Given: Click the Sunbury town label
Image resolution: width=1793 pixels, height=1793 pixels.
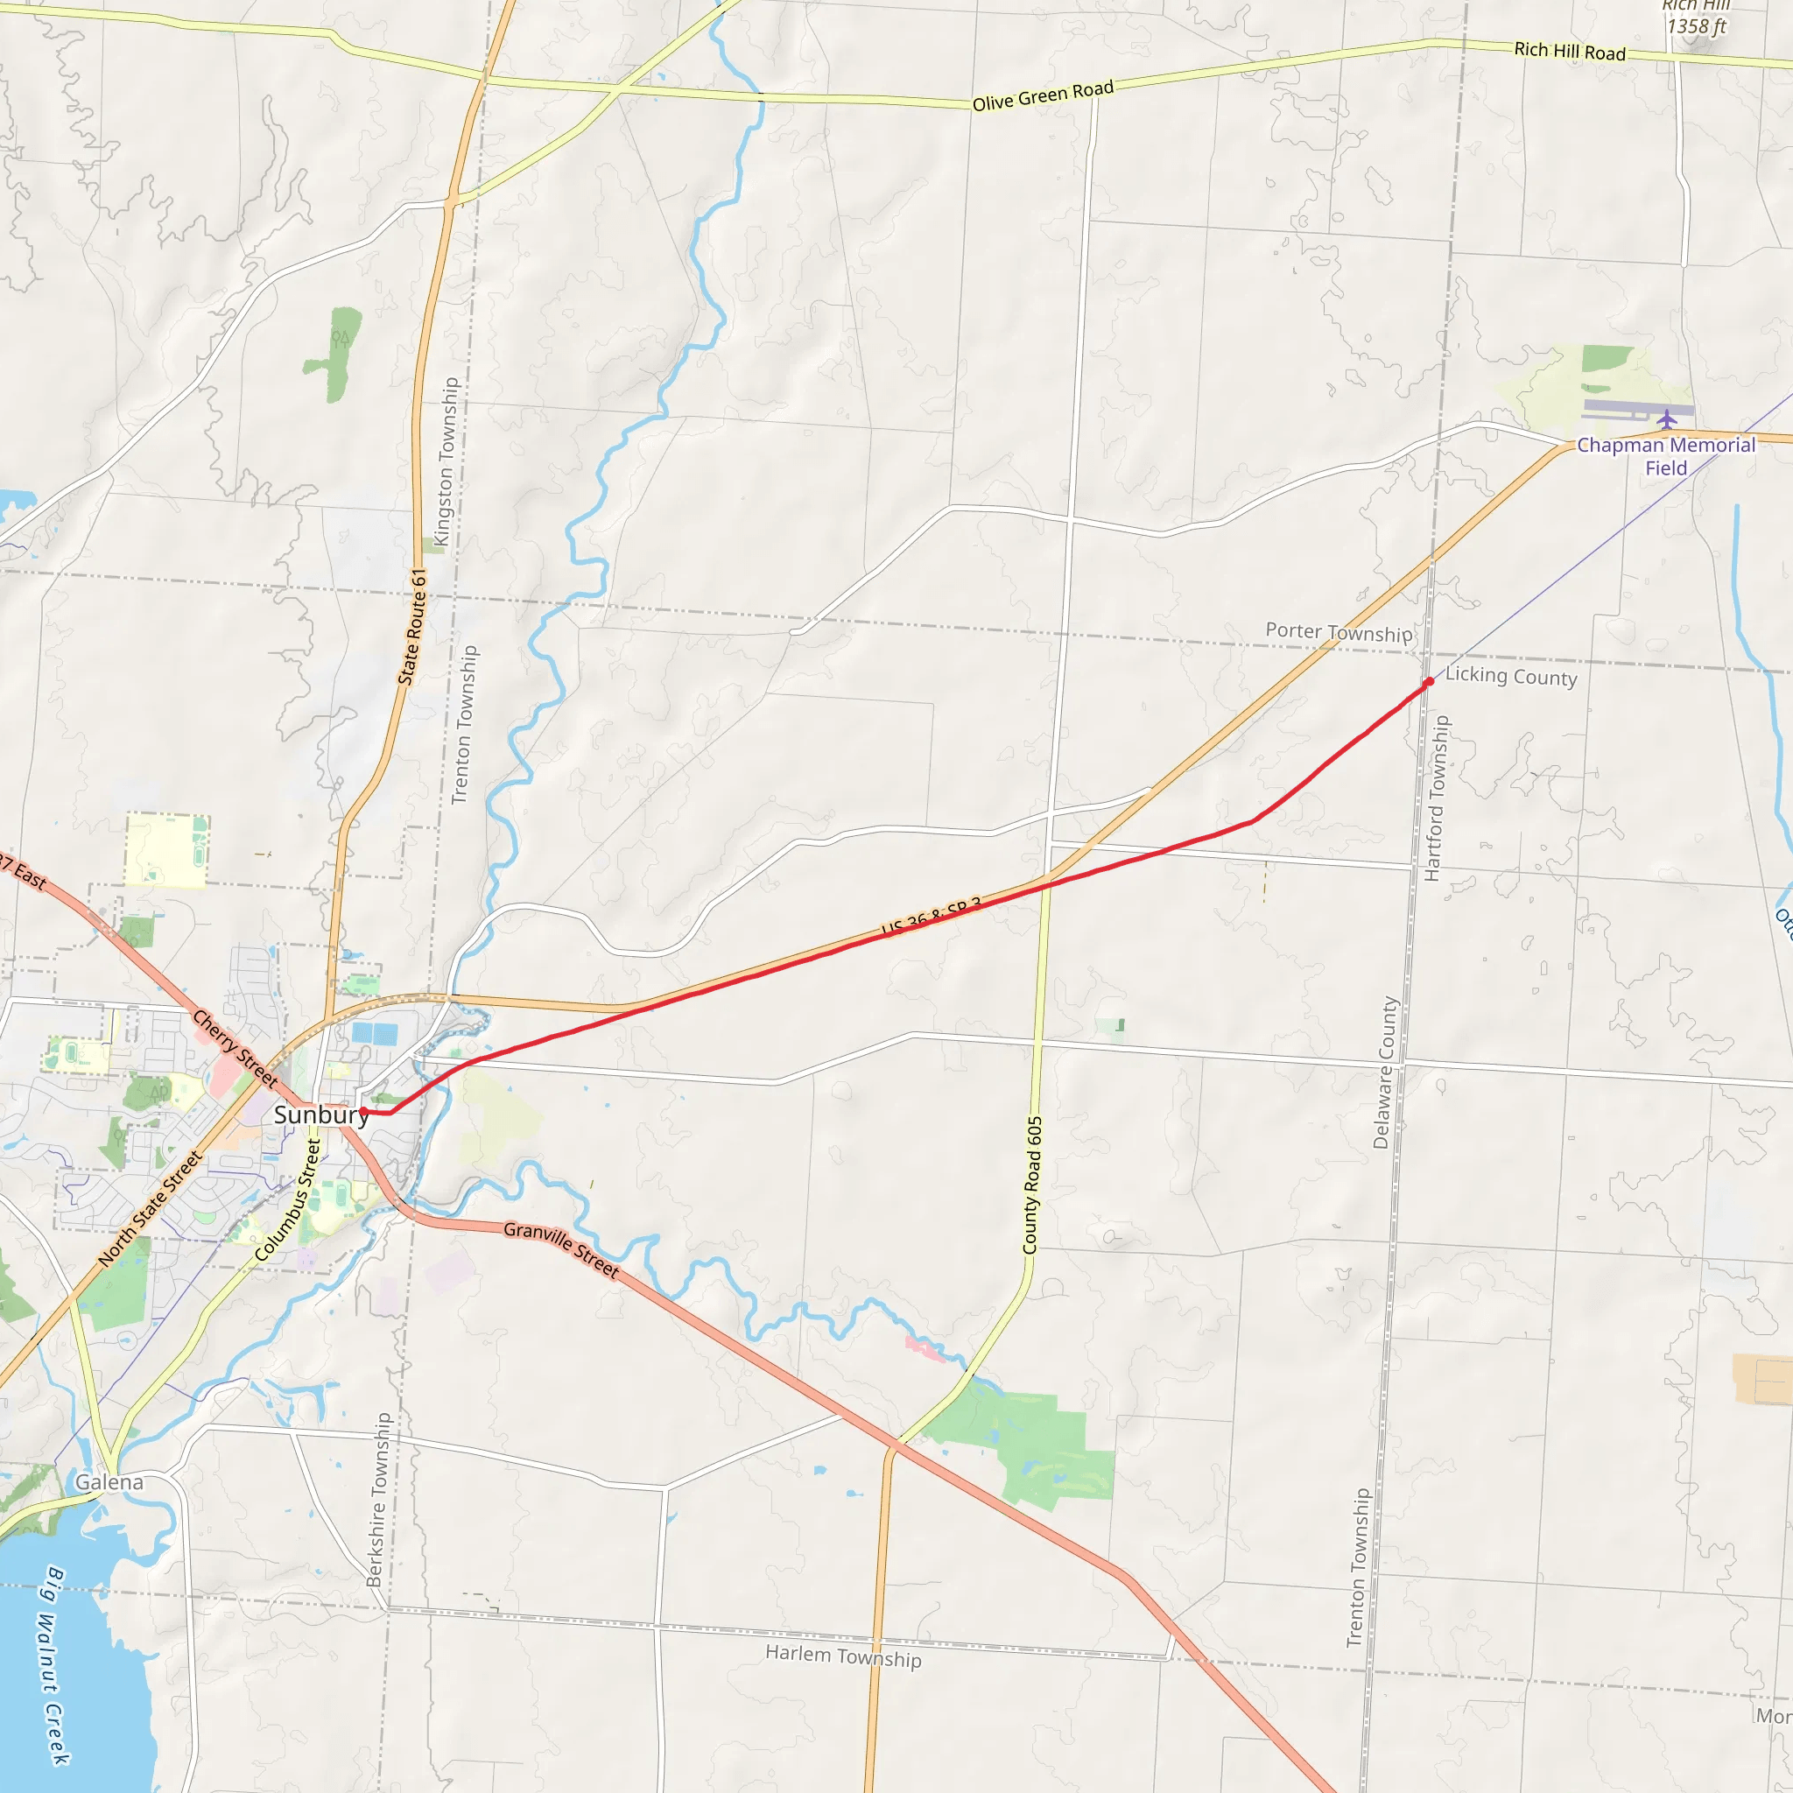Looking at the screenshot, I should click(x=320, y=1114).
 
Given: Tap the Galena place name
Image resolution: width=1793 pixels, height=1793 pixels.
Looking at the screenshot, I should click(x=109, y=1482).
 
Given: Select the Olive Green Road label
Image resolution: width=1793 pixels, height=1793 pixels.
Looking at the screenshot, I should click(x=1042, y=95).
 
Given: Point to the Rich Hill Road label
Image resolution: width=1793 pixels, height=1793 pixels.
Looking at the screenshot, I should click(x=1570, y=51).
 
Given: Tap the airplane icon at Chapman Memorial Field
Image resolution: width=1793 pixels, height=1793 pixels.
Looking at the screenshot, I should click(x=1667, y=418).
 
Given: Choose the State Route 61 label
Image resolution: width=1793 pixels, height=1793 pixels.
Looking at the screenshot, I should click(x=412, y=628).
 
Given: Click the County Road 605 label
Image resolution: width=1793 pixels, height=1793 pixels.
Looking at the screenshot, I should click(x=1033, y=1185).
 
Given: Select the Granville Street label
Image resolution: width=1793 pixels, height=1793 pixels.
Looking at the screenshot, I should click(x=560, y=1249).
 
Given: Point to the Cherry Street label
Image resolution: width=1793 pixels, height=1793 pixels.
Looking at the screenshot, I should click(x=235, y=1049).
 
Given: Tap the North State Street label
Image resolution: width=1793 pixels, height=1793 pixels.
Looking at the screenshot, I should click(x=151, y=1208).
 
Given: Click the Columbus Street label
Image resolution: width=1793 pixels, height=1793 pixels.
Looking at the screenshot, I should click(x=288, y=1201).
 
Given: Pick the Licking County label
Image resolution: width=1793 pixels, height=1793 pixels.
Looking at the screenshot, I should click(x=1511, y=677).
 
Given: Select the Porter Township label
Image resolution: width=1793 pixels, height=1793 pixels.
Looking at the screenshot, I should click(x=1339, y=632).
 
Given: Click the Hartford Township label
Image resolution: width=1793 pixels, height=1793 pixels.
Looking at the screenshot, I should click(x=1436, y=798).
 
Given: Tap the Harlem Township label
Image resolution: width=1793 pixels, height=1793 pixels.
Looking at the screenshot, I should click(x=843, y=1656).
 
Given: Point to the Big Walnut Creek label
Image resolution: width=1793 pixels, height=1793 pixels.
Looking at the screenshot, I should click(x=56, y=1665).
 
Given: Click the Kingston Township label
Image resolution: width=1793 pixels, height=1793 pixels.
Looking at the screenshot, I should click(x=446, y=461).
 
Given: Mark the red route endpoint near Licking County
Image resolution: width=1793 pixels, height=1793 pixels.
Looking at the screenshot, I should click(x=1429, y=682).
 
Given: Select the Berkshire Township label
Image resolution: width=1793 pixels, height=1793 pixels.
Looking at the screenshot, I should click(x=380, y=1500).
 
